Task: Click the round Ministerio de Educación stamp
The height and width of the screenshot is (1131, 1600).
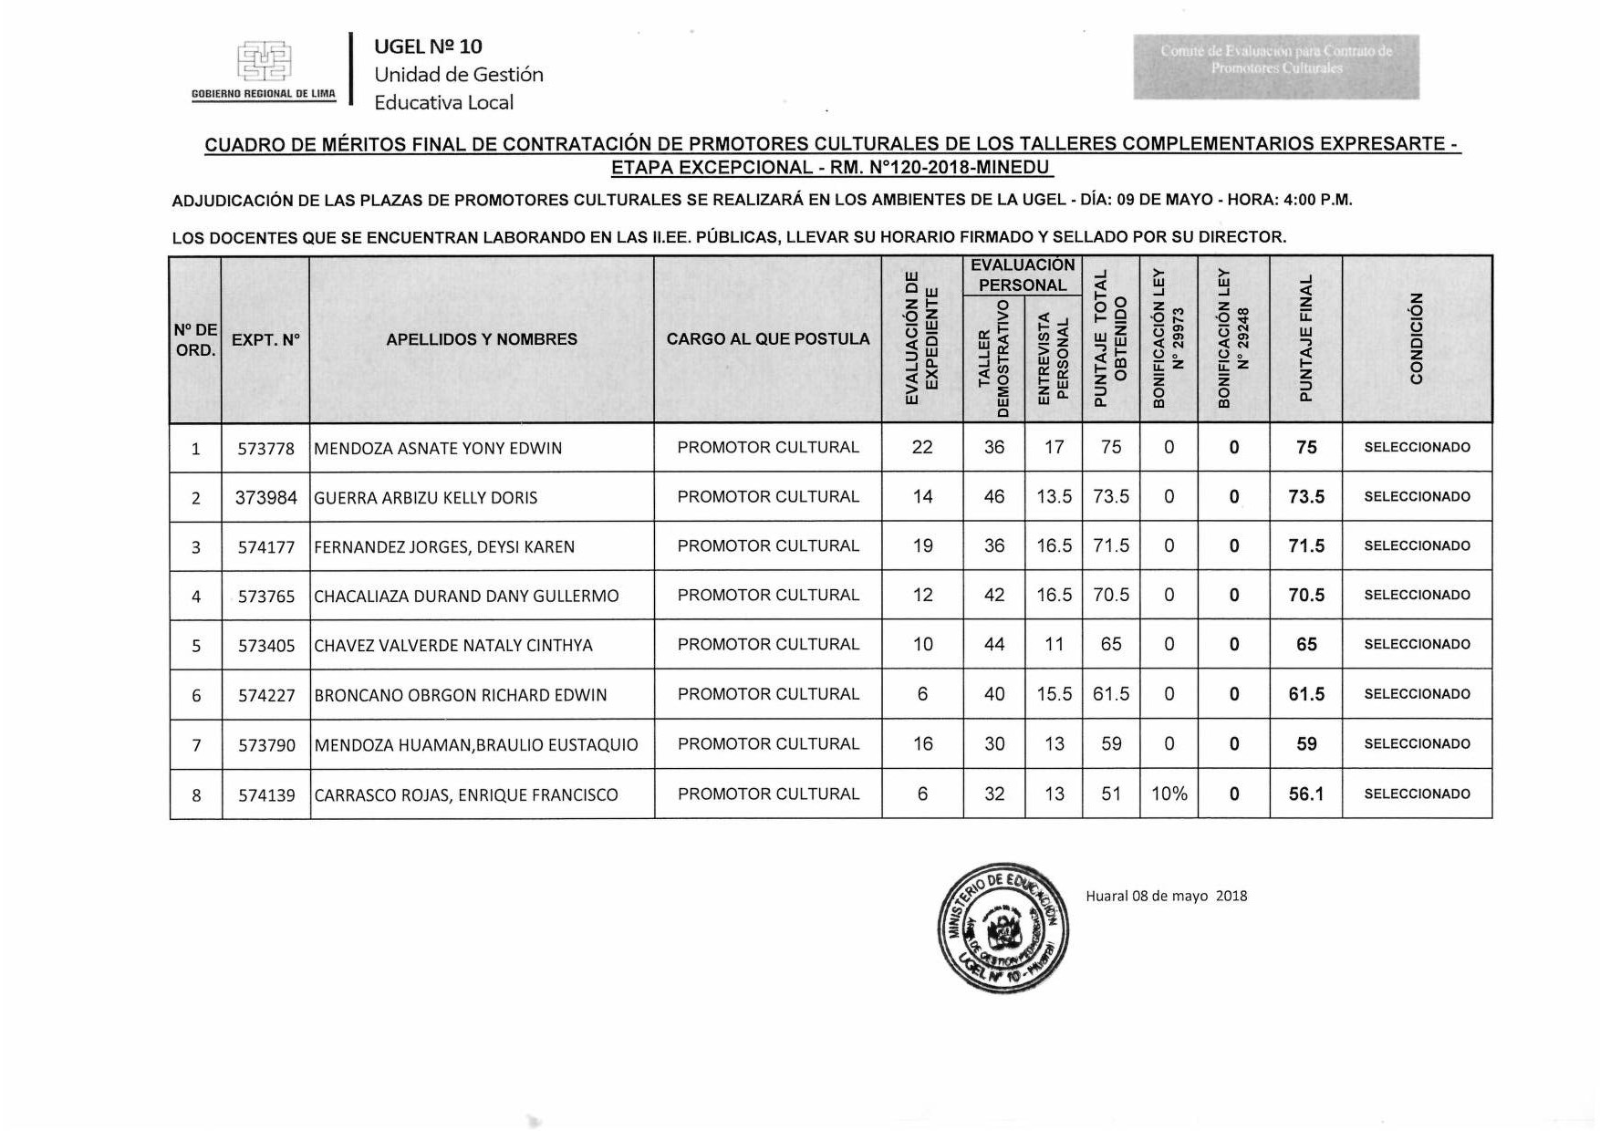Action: (1003, 928)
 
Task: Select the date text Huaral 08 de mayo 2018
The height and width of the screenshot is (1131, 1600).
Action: (1166, 896)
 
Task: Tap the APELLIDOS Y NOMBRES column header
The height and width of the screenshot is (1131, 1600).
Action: (482, 339)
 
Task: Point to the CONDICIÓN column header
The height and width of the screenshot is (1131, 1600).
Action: (1417, 339)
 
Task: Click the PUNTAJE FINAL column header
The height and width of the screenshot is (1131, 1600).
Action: (1305, 339)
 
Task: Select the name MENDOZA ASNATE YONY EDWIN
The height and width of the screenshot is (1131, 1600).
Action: (438, 448)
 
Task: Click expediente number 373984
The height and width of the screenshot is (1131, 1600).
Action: (266, 497)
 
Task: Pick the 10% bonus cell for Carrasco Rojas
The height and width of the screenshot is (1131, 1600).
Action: (1169, 794)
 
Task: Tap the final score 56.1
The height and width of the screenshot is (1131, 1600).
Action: (1305, 794)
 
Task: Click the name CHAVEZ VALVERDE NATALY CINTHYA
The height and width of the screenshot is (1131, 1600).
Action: (453, 645)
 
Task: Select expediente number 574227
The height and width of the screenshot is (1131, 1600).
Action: (266, 695)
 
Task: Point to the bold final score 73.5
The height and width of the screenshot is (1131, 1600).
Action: (1305, 497)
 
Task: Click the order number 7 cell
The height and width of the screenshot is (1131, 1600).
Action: (196, 745)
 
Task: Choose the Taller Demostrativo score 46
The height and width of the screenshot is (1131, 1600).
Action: (993, 497)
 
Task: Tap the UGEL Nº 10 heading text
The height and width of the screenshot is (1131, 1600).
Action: (428, 47)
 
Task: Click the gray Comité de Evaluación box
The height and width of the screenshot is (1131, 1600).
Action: (1275, 67)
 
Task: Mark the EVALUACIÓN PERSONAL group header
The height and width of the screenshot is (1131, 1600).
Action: (1022, 275)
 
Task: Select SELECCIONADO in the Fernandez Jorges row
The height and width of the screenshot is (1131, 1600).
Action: (1417, 545)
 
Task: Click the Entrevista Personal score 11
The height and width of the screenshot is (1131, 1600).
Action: (1054, 645)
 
